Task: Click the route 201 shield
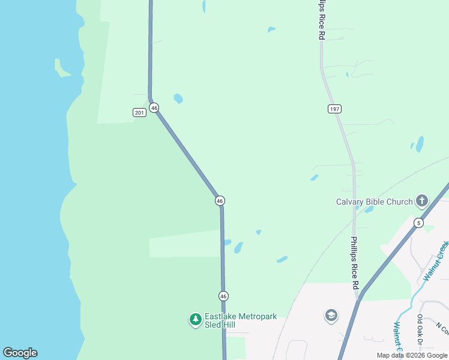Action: pos(139,113)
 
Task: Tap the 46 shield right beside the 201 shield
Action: pos(154,108)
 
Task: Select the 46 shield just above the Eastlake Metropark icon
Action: pos(223,296)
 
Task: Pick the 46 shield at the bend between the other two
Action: pos(220,200)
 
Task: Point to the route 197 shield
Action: pos(334,109)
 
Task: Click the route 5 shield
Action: pos(418,223)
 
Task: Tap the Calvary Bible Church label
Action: pos(374,202)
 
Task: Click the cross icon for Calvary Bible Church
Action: pos(422,201)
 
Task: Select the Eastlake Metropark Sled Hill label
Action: pos(241,320)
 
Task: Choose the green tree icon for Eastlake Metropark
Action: pos(195,320)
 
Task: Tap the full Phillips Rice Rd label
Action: pos(355,263)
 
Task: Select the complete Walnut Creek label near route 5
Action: pos(435,261)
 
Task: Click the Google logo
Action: pos(20,353)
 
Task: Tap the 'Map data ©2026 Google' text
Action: pos(412,355)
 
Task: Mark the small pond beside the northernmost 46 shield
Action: pos(178,98)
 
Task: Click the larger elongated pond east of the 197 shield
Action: pos(420,144)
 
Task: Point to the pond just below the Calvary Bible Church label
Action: pos(369,209)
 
